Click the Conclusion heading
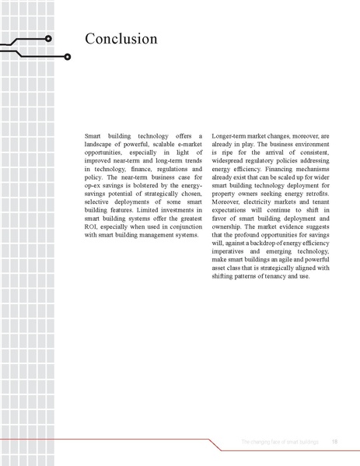(121, 39)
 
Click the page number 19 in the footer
(334, 442)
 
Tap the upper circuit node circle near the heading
(49, 37)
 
